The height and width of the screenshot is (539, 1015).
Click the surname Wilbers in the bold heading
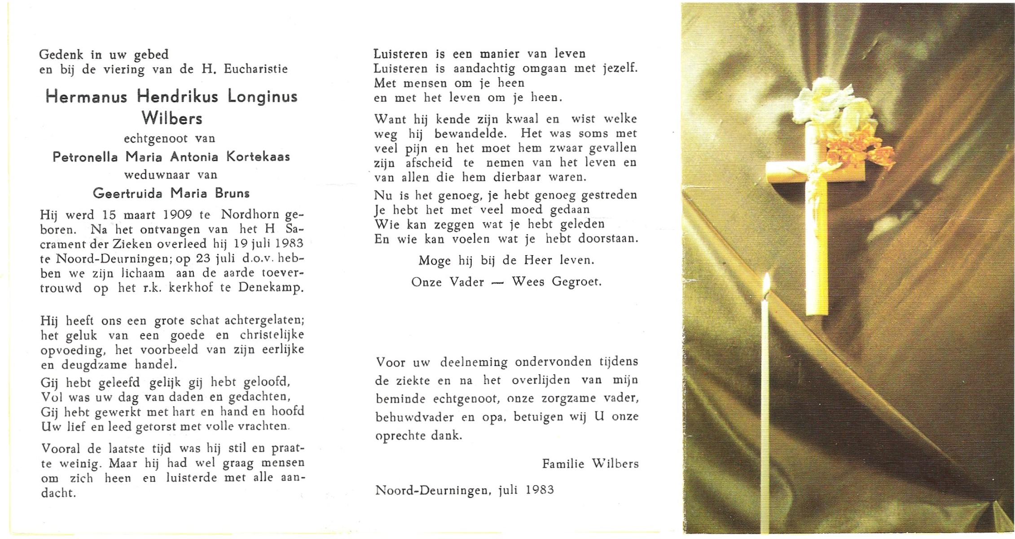click(172, 118)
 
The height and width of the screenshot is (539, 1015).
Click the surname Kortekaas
click(258, 157)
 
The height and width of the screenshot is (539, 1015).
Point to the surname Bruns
click(232, 194)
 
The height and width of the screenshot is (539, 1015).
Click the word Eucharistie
click(256, 69)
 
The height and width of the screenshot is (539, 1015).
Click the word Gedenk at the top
click(61, 55)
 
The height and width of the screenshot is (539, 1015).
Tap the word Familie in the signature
click(563, 464)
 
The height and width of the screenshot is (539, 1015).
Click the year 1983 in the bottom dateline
click(540, 490)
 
